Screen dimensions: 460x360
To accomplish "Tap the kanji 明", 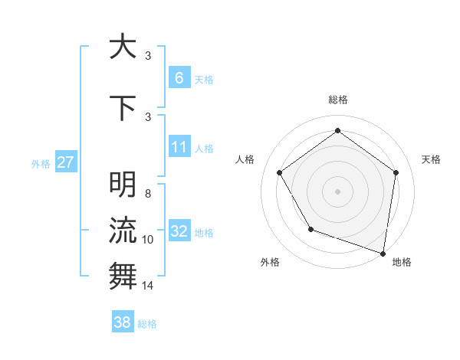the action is tap(123, 185).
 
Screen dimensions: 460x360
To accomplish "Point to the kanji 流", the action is tap(123, 230).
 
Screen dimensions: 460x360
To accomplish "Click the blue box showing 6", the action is tap(179, 78).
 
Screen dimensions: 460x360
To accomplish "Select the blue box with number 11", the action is tap(179, 147).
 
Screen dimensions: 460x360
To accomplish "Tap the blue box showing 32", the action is tap(179, 231).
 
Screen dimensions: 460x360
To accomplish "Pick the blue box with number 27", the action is tap(65, 162).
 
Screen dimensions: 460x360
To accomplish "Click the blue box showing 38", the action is tap(123, 323).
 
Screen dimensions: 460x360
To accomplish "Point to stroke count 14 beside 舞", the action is tap(148, 286).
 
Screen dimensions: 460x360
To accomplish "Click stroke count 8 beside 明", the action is tap(148, 194).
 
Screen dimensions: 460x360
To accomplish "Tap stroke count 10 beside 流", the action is tap(148, 240).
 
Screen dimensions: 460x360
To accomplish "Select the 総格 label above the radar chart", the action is tap(337, 100).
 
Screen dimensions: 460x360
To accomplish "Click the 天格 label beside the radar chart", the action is tap(432, 159).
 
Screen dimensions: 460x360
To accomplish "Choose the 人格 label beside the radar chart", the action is tap(245, 159).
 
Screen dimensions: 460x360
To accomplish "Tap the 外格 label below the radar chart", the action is tap(270, 262).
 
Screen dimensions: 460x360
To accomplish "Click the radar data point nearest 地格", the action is tap(383, 253).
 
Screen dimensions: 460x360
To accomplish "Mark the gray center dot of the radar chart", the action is tap(337, 191).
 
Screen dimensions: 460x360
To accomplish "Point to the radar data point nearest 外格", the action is tap(310, 228).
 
